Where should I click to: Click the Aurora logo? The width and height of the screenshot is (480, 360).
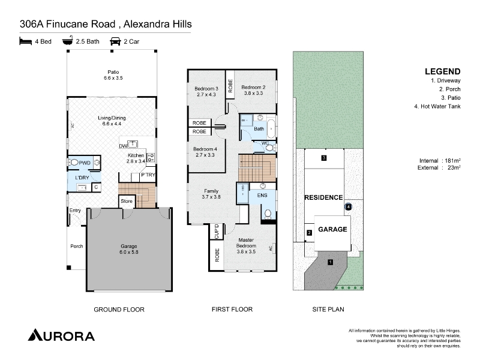(x=61, y=335)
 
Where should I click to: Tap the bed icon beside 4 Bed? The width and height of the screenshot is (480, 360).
(x=26, y=41)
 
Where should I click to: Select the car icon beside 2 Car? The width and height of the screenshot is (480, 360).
(x=115, y=41)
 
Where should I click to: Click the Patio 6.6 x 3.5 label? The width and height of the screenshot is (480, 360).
(x=113, y=75)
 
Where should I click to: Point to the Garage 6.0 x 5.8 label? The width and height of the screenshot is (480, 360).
(x=129, y=249)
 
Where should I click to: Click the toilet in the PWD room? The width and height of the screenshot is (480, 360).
(x=74, y=162)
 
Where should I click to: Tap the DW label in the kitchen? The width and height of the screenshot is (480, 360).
(x=123, y=146)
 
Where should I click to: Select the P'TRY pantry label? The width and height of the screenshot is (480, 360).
(x=148, y=175)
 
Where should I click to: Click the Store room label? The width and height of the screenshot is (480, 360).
(x=127, y=201)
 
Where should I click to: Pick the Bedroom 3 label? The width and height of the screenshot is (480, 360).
(x=206, y=89)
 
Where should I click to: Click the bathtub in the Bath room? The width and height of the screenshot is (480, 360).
(x=271, y=128)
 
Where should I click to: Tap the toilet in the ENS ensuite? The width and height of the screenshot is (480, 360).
(x=268, y=214)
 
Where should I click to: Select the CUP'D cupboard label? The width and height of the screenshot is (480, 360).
(x=217, y=232)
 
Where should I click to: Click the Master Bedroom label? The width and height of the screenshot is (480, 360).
(x=246, y=243)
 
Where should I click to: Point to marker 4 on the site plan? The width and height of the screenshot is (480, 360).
(x=349, y=207)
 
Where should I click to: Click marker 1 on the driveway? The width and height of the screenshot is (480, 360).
(x=331, y=262)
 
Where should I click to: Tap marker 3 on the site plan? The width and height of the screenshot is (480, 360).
(x=324, y=158)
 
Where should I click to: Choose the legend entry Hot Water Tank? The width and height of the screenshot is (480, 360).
(x=440, y=106)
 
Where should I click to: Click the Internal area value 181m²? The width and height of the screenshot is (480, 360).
(x=453, y=161)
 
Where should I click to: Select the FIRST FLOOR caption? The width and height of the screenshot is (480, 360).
(x=232, y=310)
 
